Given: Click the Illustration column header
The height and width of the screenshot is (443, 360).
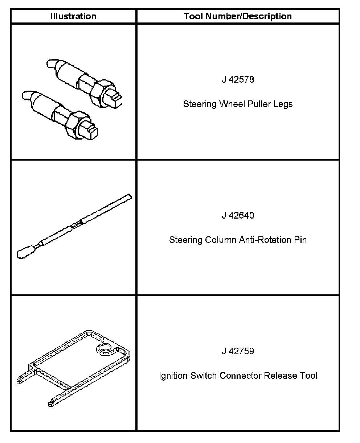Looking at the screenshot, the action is pyautogui.click(x=73, y=16).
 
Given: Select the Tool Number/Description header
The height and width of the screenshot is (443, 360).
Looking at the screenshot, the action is pyautogui.click(x=238, y=16).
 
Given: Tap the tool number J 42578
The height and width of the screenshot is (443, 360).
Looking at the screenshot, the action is pyautogui.click(x=238, y=80).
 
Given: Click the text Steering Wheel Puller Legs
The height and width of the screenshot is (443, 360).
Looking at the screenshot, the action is pyautogui.click(x=238, y=104).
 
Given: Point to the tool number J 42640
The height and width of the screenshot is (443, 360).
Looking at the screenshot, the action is pyautogui.click(x=238, y=216).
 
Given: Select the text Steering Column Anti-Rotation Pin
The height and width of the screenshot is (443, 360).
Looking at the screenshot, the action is pyautogui.click(x=238, y=240).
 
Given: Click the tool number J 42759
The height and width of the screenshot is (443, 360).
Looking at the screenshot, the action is pyautogui.click(x=238, y=351).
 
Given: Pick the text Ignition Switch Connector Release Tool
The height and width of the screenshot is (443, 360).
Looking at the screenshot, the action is pyautogui.click(x=238, y=376).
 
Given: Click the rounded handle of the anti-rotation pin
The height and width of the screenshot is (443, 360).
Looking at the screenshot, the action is pyautogui.click(x=25, y=252).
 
